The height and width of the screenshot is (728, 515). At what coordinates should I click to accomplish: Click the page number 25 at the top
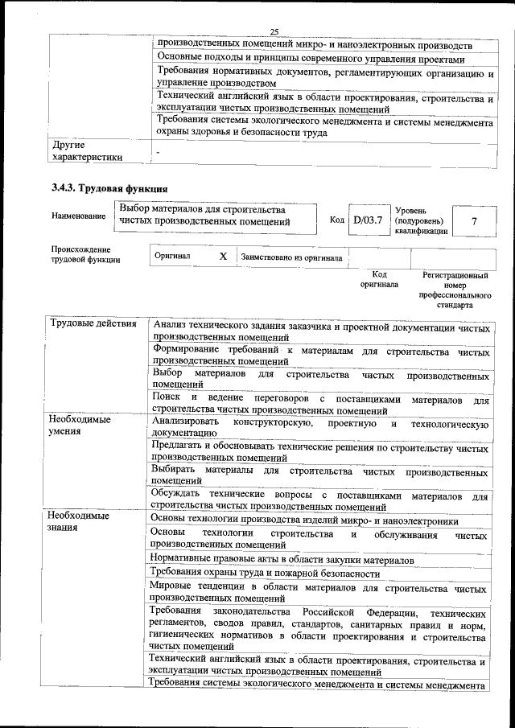point(274,31)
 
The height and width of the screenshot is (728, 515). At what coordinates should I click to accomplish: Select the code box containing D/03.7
point(368,220)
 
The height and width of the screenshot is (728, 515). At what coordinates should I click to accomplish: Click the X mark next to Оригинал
point(223,257)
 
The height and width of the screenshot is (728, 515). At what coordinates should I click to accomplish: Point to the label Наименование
point(78,216)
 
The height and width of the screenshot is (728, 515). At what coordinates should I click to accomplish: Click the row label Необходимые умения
point(79,426)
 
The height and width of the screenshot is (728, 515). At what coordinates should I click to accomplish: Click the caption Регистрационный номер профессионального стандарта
point(455,290)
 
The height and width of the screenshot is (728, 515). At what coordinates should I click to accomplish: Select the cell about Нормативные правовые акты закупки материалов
point(282,558)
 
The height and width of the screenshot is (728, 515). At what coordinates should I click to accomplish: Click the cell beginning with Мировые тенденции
point(319,592)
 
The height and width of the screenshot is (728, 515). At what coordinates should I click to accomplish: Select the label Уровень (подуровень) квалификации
point(420,220)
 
